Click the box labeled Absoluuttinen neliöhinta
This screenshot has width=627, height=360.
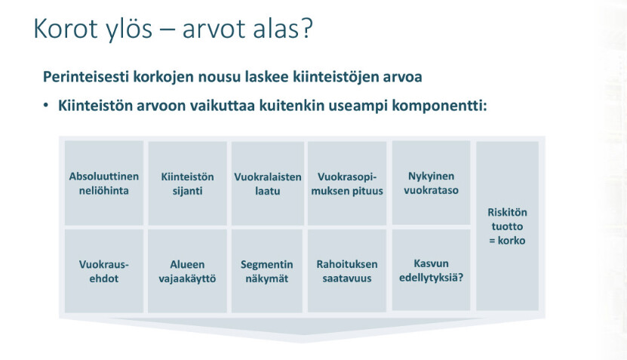(104, 183)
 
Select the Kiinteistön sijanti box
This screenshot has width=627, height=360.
(187, 183)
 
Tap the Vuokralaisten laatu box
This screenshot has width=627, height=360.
(268, 183)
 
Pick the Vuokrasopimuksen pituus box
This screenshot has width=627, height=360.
(346, 183)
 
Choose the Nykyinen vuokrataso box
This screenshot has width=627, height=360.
(431, 183)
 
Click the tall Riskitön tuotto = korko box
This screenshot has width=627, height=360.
(507, 226)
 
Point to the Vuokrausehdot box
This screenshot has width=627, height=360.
(104, 271)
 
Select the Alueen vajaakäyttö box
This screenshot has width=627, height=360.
(187, 271)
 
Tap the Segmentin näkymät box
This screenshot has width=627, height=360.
(266, 271)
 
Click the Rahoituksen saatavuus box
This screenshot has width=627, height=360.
(346, 271)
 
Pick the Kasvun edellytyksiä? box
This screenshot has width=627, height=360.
(431, 270)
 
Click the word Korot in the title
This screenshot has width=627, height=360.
(66, 29)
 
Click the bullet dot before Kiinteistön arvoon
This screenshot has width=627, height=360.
(46, 105)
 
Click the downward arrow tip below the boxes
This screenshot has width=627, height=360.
(302, 342)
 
